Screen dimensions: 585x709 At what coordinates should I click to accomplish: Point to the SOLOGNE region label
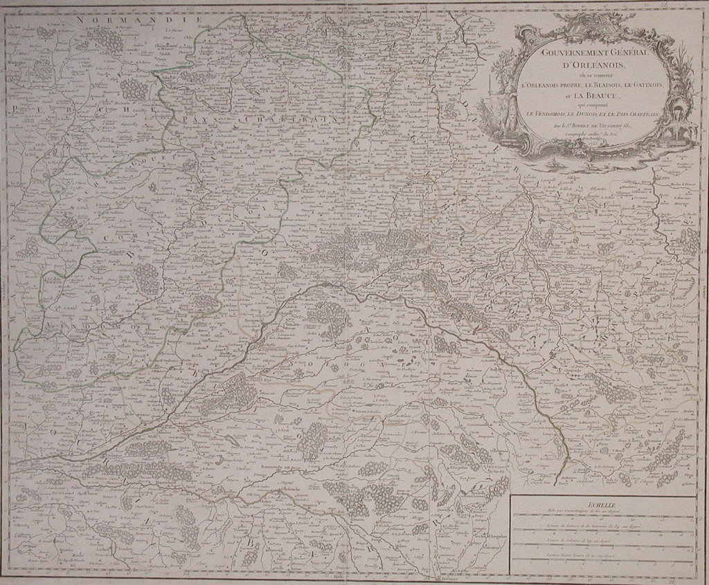[346, 360]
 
